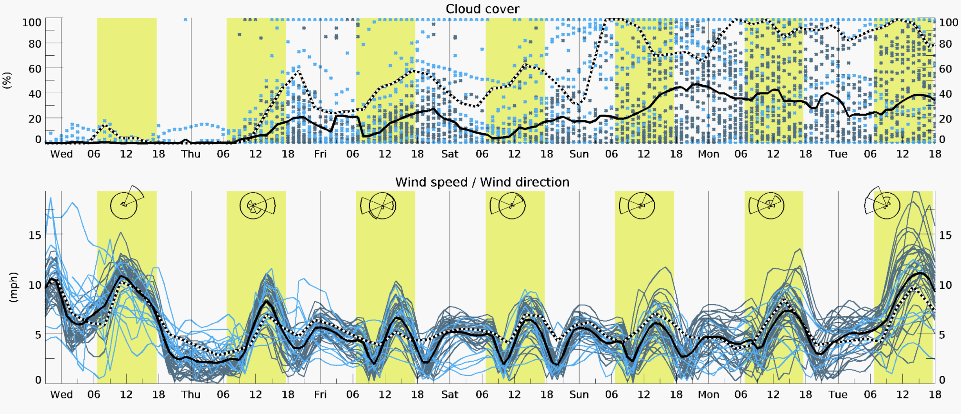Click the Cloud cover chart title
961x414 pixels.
(482, 9)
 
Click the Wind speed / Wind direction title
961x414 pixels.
(482, 182)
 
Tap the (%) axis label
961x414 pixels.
(7, 80)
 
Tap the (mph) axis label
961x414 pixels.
(13, 287)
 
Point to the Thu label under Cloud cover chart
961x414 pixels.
(190, 154)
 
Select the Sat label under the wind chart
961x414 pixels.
(450, 394)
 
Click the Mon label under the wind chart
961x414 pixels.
(708, 394)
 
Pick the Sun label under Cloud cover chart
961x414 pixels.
(579, 154)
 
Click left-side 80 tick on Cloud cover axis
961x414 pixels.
(35, 44)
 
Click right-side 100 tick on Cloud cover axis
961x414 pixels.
(948, 22)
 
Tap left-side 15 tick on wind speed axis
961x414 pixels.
(35, 235)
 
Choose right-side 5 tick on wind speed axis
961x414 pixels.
(941, 335)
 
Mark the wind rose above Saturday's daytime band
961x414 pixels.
(510, 206)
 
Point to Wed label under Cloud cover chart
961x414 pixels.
(61, 154)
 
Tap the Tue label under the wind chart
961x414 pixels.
(838, 394)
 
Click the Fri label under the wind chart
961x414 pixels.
(320, 394)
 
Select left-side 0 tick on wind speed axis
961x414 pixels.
(38, 380)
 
